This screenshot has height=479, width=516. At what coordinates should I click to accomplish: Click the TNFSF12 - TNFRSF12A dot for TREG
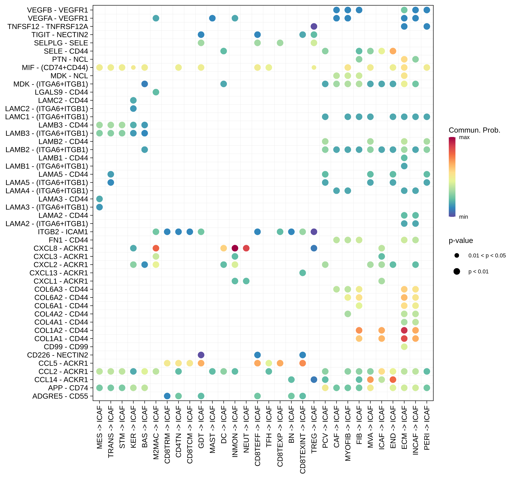coord(314,26)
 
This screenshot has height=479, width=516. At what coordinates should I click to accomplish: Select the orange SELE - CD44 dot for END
coord(393,51)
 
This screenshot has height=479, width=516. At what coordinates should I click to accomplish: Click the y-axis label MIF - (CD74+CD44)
coord(55,68)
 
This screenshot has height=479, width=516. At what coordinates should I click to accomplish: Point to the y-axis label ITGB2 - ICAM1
coord(63,232)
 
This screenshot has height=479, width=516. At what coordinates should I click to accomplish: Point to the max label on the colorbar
coord(464,137)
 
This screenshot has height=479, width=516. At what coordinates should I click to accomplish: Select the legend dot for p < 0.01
coord(457,271)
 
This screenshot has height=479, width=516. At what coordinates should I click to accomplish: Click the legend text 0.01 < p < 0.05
coord(487,256)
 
